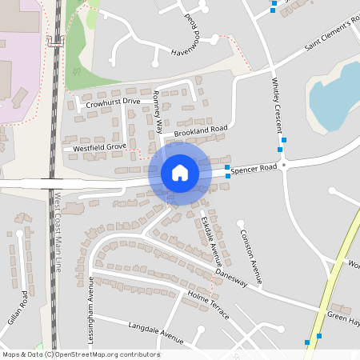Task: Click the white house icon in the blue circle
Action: (x=179, y=172)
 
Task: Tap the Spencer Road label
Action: (x=256, y=167)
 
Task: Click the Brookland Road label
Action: (x=202, y=128)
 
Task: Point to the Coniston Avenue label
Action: (x=250, y=257)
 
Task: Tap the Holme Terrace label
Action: (x=208, y=305)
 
